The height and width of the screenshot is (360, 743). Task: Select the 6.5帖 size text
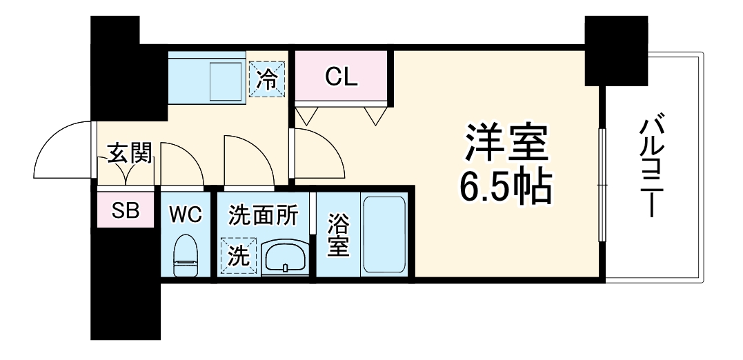[x=506, y=185]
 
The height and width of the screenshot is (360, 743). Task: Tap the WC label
[x=186, y=214]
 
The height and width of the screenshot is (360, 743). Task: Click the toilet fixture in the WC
[x=185, y=254]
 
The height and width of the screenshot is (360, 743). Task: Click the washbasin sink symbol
[x=285, y=259]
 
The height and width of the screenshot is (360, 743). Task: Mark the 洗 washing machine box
[x=238, y=257]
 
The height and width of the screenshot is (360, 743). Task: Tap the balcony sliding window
[x=602, y=185]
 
